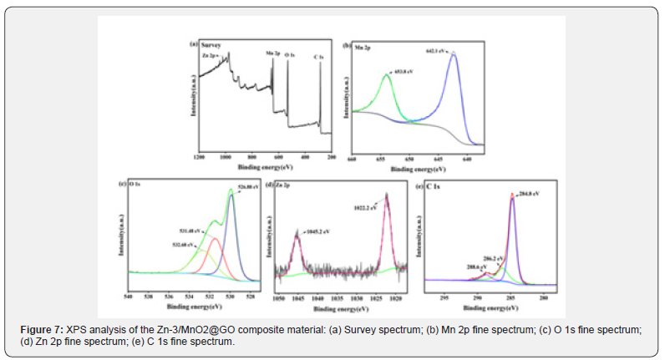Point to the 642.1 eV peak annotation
(x=436, y=52)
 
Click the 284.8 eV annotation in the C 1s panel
(x=530, y=193)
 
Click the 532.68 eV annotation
(x=180, y=244)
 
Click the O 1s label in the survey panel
(x=290, y=55)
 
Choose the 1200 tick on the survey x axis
(x=198, y=157)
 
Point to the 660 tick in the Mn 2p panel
(x=352, y=134)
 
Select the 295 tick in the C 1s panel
(x=444, y=296)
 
